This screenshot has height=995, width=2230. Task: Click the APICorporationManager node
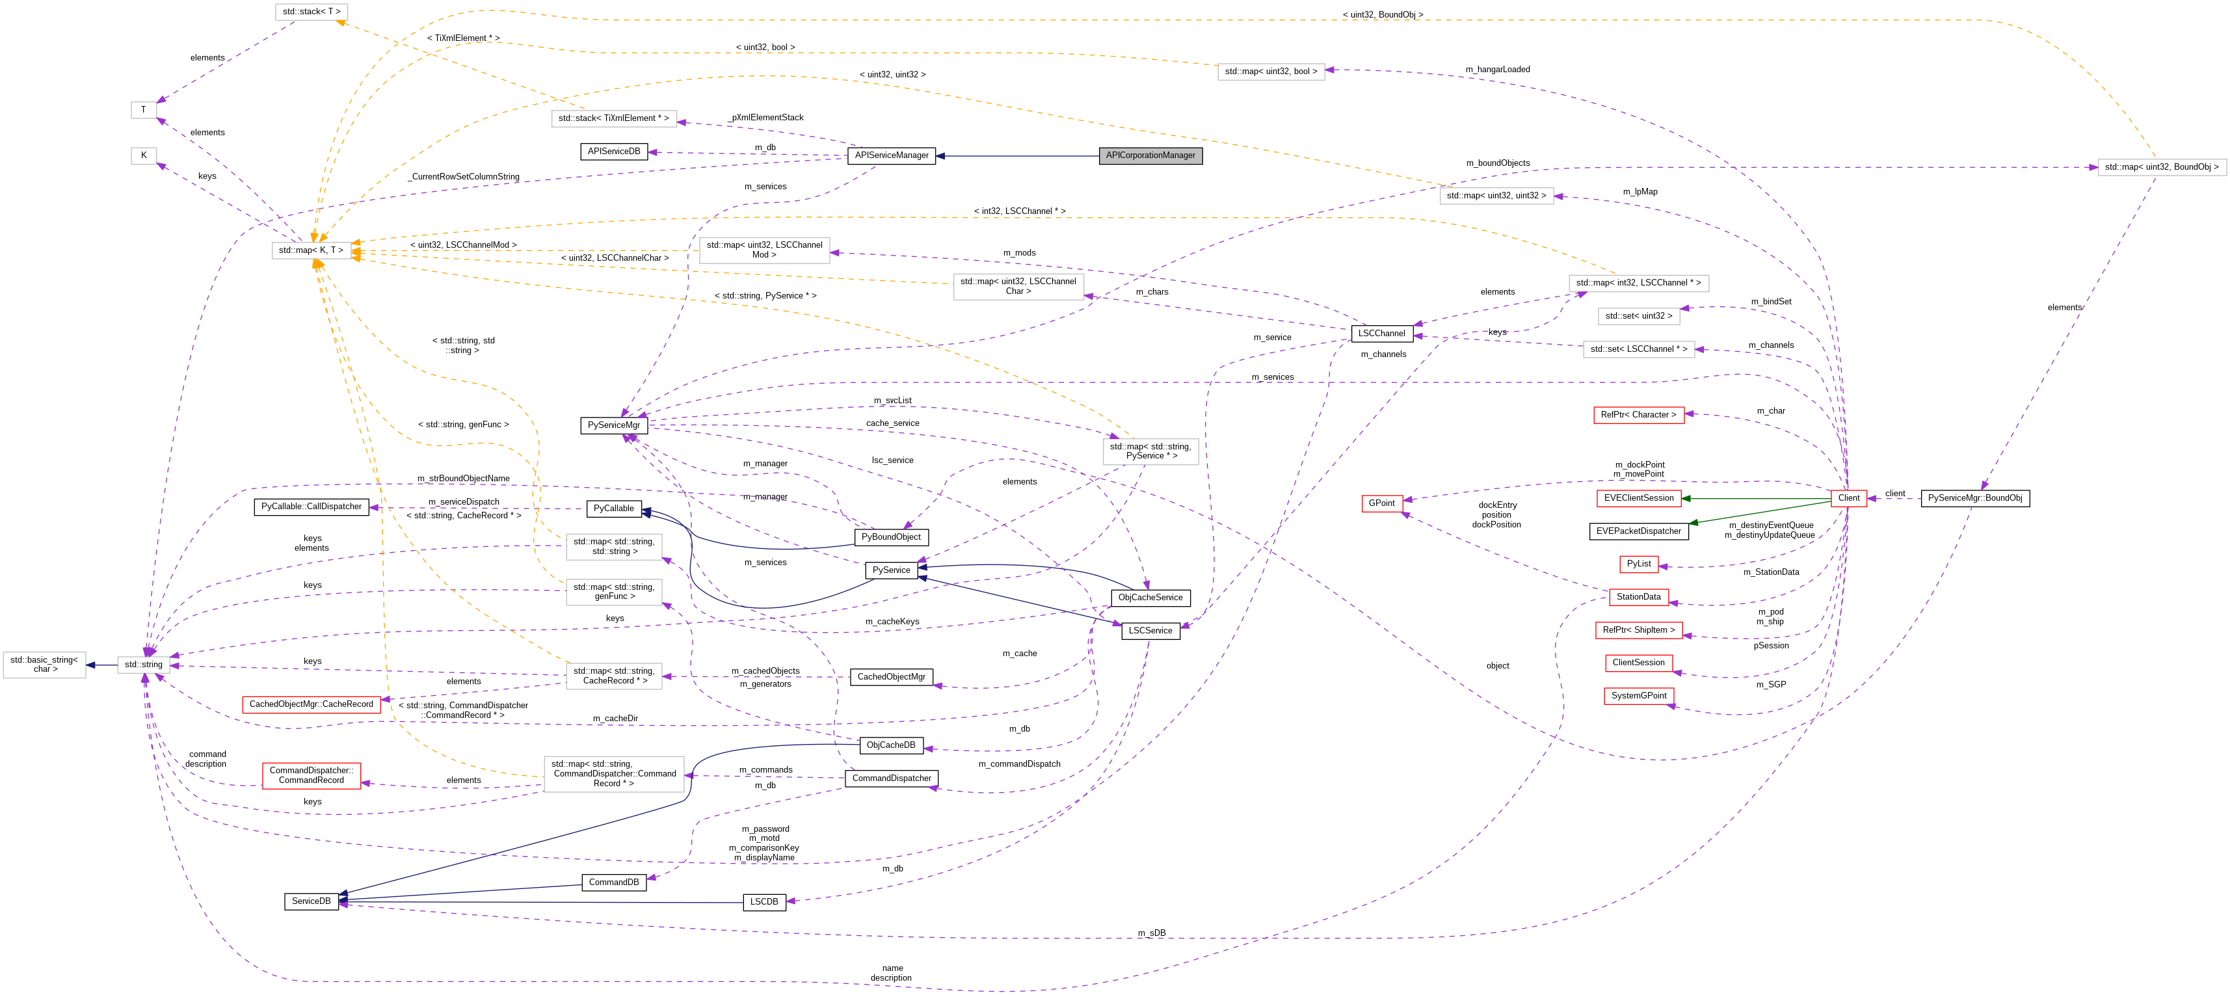tap(1150, 156)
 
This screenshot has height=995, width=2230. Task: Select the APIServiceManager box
tap(891, 156)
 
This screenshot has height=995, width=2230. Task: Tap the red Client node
tap(1848, 498)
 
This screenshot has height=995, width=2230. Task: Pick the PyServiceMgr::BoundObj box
tap(1974, 498)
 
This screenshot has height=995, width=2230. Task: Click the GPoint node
tap(1381, 503)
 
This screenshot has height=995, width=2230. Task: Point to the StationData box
tap(1638, 596)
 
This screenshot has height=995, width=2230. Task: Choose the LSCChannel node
tap(1381, 334)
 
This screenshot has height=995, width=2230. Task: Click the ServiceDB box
tap(311, 901)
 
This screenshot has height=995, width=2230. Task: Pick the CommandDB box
tap(614, 882)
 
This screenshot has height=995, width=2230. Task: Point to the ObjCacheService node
tap(1150, 598)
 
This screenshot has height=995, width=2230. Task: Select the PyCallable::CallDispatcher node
tap(312, 507)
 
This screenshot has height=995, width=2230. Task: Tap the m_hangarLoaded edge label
tap(1498, 70)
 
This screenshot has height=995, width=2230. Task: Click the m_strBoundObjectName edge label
tap(463, 478)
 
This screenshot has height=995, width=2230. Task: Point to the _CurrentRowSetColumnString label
tap(465, 177)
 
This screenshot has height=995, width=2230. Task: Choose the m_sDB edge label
tap(1151, 933)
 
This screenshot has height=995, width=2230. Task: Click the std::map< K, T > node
tap(311, 250)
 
